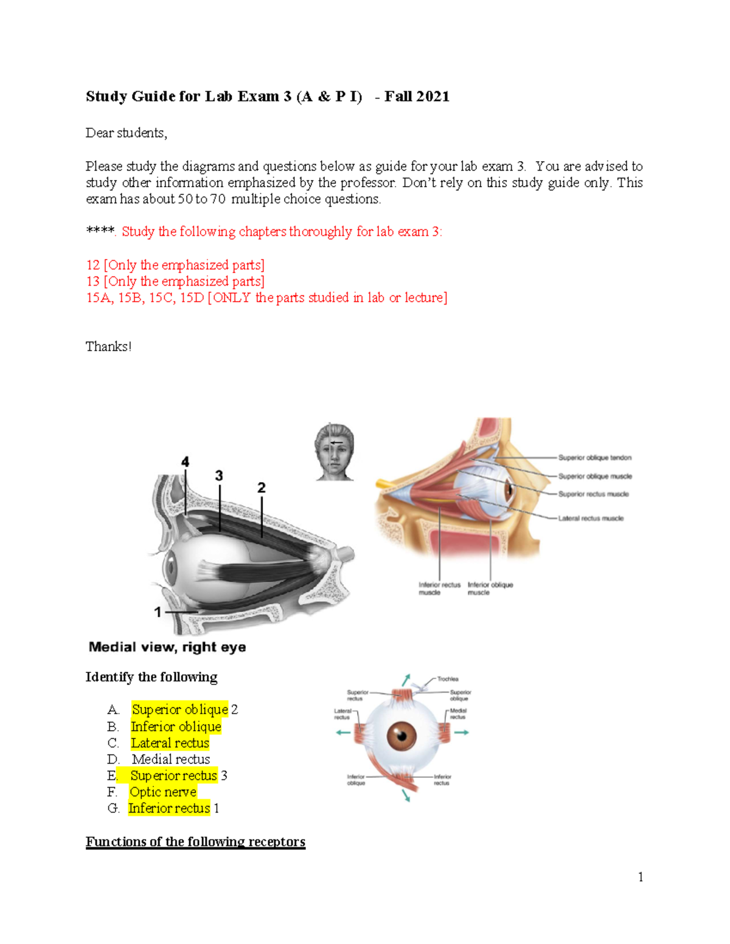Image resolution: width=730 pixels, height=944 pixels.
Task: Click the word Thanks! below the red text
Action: pyautogui.click(x=108, y=346)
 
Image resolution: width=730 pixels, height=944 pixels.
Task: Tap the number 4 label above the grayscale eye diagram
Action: pyautogui.click(x=185, y=462)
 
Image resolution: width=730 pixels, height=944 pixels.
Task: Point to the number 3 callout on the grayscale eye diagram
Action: pyautogui.click(x=219, y=475)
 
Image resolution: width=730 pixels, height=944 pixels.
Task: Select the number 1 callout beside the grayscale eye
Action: pyautogui.click(x=158, y=612)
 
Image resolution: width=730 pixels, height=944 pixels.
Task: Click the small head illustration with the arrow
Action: pyautogui.click(x=334, y=452)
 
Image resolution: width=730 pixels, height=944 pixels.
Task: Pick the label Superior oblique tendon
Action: pyautogui.click(x=594, y=458)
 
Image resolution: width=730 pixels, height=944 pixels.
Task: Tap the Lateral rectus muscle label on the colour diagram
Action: pyautogui.click(x=591, y=519)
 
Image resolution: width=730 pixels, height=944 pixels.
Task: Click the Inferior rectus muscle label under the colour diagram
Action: pyautogui.click(x=439, y=588)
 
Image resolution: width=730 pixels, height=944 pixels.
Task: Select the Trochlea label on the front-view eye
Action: pyautogui.click(x=448, y=679)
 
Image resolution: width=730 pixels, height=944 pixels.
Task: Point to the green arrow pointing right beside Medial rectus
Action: pyautogui.click(x=462, y=732)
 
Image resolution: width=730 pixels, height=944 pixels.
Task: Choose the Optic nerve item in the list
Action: pyautogui.click(x=163, y=792)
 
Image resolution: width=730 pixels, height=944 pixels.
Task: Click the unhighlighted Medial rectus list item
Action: pyautogui.click(x=171, y=759)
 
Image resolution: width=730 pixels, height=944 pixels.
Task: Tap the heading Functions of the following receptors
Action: pyautogui.click(x=195, y=842)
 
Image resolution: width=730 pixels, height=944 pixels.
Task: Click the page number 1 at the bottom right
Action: pyautogui.click(x=641, y=877)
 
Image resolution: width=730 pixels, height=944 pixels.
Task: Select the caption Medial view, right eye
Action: pyautogui.click(x=167, y=647)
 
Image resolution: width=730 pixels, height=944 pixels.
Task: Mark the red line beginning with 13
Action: pyautogui.click(x=175, y=281)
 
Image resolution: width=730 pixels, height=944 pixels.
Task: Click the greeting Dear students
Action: pyautogui.click(x=126, y=133)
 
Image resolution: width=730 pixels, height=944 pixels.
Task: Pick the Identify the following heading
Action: pyautogui.click(x=151, y=677)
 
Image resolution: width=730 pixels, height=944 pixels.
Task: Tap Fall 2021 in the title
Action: pyautogui.click(x=417, y=97)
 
